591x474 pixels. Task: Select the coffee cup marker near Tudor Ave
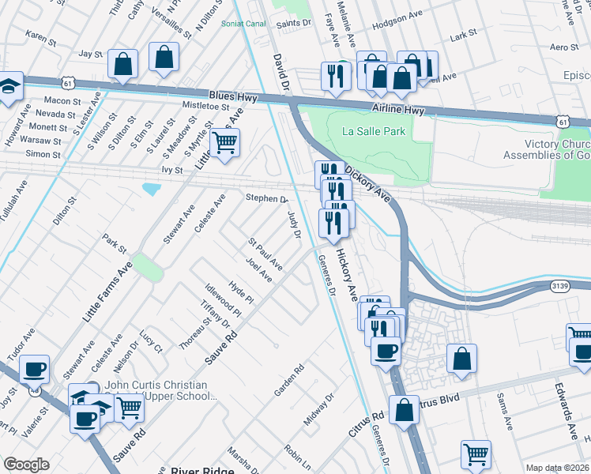click(x=34, y=369)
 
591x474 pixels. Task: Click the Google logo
click(x=26, y=465)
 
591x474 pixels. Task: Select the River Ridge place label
click(x=201, y=470)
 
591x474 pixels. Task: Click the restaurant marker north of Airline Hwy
click(x=336, y=77)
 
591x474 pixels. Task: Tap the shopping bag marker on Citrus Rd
click(x=404, y=411)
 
